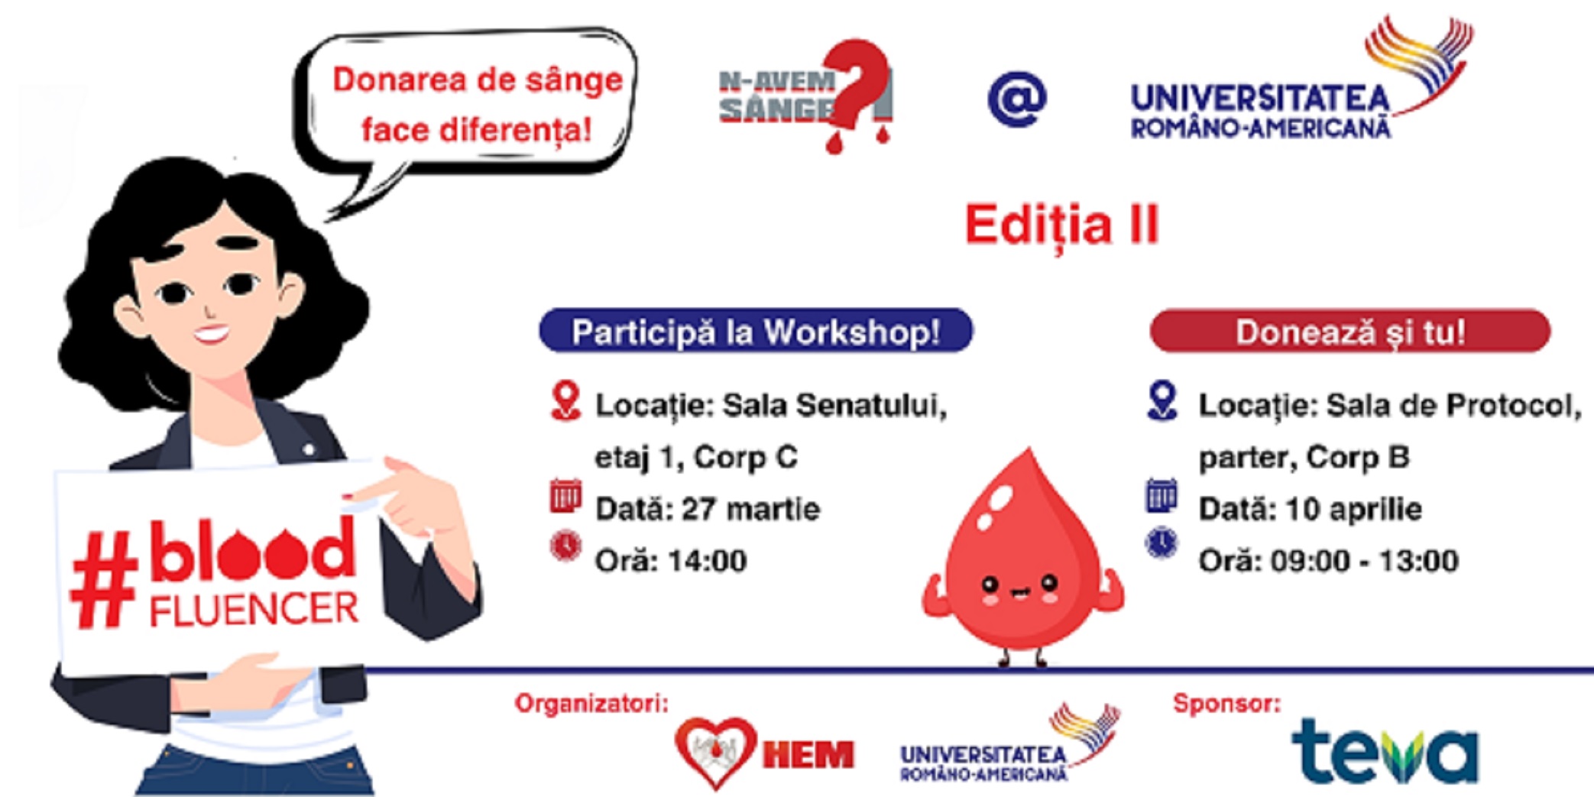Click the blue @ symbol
1017,99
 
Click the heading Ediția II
1062,224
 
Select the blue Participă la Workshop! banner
756,331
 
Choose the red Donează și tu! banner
1350,331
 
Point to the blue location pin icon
1162,401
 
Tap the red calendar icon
565,496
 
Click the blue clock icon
1161,543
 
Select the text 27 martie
750,509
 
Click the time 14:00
708,561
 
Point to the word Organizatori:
591,703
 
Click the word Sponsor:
1227,703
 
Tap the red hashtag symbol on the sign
104,580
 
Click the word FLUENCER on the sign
254,609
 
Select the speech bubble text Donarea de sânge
478,80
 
